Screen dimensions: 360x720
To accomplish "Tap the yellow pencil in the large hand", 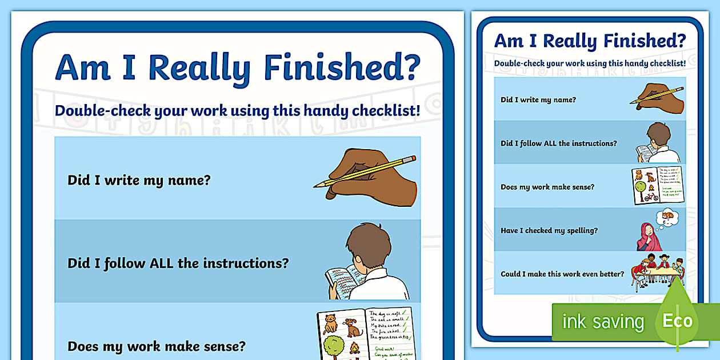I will pos(366,171).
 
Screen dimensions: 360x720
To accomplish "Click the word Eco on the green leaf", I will pos(677,320).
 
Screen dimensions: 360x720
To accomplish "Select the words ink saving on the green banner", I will pos(602,321).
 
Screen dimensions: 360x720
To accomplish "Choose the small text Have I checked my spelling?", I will pos(549,230).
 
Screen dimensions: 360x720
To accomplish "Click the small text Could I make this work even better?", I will pos(562,274).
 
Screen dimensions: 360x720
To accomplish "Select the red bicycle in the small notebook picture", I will pos(651,197).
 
